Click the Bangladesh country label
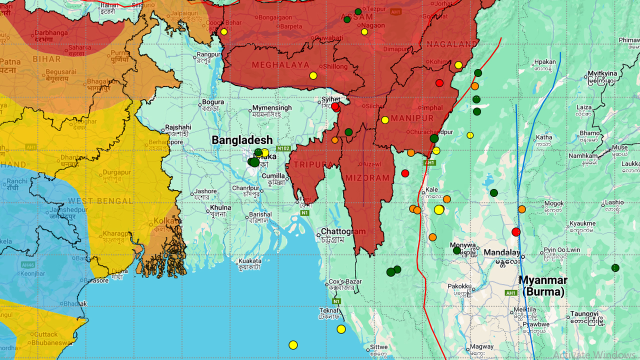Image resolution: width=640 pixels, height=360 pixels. point(242,140)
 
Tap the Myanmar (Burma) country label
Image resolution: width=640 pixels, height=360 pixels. point(543,285)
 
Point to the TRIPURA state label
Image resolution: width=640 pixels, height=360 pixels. point(313,164)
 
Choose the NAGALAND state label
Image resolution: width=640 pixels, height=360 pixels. point(452,44)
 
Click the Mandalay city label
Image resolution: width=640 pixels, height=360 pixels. point(501,252)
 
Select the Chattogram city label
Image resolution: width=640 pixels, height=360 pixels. point(343,231)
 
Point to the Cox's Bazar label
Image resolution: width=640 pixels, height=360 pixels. point(345,281)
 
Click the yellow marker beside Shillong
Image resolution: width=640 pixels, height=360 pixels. point(313,75)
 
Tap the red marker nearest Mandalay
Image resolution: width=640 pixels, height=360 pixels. point(516,232)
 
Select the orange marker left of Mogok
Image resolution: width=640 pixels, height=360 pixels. point(522,209)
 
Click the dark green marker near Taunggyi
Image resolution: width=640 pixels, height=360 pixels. point(615,268)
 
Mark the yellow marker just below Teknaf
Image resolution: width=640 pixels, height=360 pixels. point(341,329)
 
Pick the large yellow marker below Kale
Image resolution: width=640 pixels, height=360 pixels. point(438,209)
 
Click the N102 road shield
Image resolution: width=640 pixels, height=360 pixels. point(283,148)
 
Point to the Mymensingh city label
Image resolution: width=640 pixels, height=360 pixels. point(271,107)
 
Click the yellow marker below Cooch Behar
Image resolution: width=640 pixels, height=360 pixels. point(224,31)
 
